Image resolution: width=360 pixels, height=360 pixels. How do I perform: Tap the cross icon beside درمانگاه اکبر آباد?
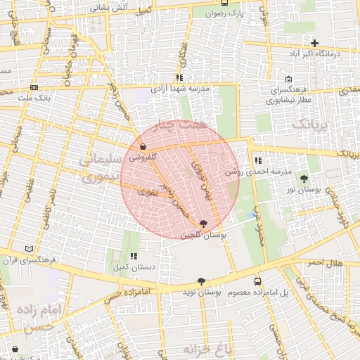[x=314, y=43]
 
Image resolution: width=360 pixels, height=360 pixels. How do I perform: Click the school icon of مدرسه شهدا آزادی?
[x=179, y=78]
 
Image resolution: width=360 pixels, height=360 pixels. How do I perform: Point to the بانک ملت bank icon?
[x=34, y=88]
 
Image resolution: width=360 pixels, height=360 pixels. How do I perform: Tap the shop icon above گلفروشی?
[x=143, y=148]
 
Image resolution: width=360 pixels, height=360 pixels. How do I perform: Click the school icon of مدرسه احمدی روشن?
[x=257, y=160]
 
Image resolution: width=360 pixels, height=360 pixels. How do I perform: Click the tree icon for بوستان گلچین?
[x=204, y=224]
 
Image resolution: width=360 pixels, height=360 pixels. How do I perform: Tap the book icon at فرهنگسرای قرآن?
[x=29, y=249]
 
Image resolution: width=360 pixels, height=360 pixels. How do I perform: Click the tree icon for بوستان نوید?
[x=202, y=281]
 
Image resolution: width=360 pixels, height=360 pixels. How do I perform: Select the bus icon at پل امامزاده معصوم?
[x=257, y=281]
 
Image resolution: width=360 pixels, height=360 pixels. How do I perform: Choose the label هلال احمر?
[x=324, y=262]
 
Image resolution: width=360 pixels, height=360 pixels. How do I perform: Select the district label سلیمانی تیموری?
[x=97, y=169]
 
